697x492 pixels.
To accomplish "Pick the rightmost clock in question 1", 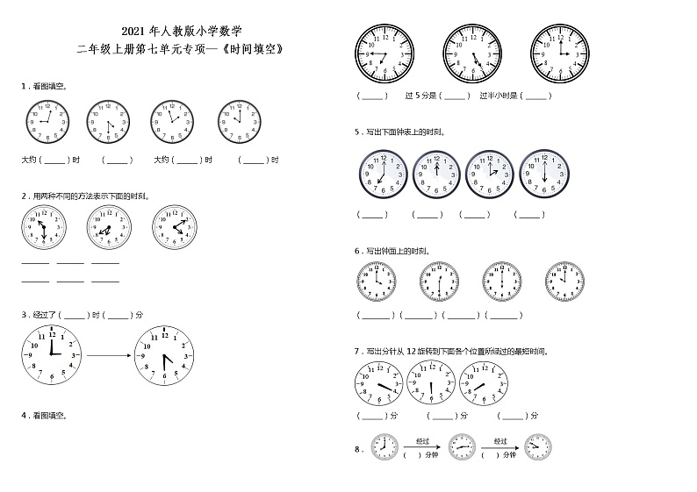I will [x=238, y=122].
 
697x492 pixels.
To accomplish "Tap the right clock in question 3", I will [x=164, y=354].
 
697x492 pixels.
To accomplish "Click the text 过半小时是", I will [x=499, y=95].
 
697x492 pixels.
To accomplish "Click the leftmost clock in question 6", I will [x=377, y=282].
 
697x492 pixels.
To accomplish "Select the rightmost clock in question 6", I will [x=564, y=282].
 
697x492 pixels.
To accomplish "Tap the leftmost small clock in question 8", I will [x=384, y=446].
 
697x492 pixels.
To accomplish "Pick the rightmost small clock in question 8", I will [x=537, y=446].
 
